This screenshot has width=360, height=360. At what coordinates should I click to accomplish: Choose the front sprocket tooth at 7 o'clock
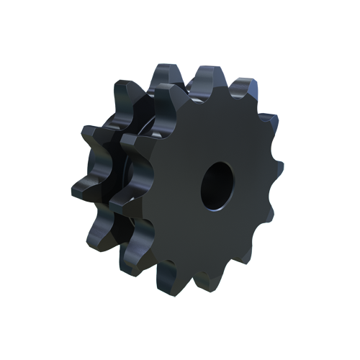tap(168, 276)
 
